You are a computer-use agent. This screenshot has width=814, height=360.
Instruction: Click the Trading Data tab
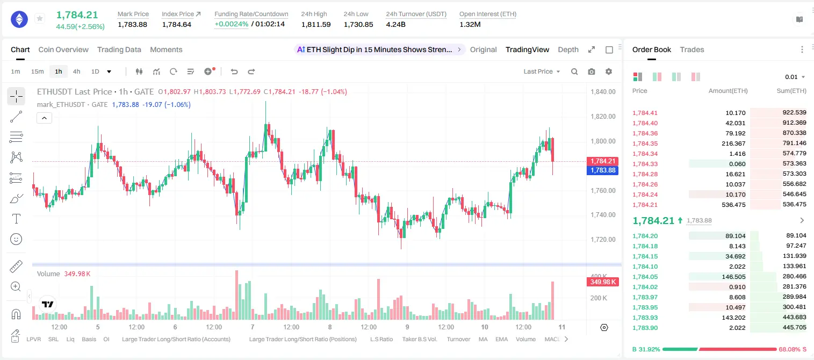[119, 49]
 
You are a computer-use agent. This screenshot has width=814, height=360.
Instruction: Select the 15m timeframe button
[37, 71]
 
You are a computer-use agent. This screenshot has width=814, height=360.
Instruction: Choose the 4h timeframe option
[76, 71]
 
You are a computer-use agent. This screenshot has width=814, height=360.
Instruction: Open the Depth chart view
[568, 49]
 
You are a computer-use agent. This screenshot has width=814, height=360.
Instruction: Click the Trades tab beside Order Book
[692, 49]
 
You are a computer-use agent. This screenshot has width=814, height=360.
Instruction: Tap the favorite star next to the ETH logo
[40, 18]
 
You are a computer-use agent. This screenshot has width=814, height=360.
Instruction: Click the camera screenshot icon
[591, 71]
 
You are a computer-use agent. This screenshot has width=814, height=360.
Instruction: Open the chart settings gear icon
[609, 71]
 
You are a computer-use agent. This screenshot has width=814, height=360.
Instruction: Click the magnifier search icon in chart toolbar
[574, 71]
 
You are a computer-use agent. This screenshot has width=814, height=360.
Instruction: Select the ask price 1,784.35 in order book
[645, 143]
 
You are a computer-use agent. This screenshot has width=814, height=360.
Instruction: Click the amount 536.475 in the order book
[733, 205]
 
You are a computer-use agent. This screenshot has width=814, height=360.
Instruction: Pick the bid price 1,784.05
[645, 277]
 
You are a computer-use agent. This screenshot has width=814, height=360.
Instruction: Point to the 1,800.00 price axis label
[603, 141]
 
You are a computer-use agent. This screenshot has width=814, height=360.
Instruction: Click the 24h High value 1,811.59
[316, 24]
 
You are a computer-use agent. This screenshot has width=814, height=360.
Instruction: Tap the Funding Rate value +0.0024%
[232, 24]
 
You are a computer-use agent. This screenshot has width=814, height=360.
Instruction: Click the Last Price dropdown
[542, 71]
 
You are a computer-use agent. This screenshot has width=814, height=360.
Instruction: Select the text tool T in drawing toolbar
[16, 219]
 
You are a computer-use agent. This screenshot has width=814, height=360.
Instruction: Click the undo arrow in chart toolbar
[234, 71]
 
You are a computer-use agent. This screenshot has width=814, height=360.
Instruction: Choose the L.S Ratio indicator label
[381, 339]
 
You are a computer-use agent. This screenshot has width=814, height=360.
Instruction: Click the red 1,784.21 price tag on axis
[602, 161]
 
